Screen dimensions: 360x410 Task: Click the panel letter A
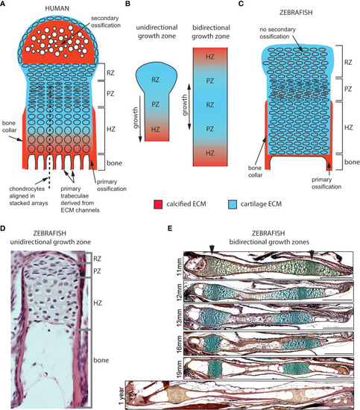pos(3,4)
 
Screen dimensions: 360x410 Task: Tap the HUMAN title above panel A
pos(57,8)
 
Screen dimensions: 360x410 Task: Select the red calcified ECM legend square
pos(158,204)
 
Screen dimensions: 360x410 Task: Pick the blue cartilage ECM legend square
pos(233,204)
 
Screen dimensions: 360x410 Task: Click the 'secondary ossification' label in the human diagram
pos(105,22)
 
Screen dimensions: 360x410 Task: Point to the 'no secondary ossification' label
pos(277,33)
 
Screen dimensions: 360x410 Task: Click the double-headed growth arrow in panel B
pos(189,107)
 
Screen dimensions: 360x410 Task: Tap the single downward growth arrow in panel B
pos(140,119)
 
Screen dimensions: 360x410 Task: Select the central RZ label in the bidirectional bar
pos(210,105)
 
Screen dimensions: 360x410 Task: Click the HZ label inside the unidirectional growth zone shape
pos(155,129)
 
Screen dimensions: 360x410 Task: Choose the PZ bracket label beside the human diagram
pos(110,94)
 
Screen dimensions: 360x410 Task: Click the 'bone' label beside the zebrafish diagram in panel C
pos(352,162)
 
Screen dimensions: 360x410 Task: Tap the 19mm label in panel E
pos(180,369)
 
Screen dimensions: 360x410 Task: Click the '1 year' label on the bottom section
pos(121,395)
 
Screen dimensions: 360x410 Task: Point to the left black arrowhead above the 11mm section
pos(212,250)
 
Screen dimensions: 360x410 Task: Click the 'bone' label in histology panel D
pos(101,360)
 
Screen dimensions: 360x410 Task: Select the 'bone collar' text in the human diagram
pos(10,127)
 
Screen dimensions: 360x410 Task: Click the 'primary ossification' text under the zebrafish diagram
pos(326,183)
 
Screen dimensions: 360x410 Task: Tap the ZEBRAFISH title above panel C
pos(296,13)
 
